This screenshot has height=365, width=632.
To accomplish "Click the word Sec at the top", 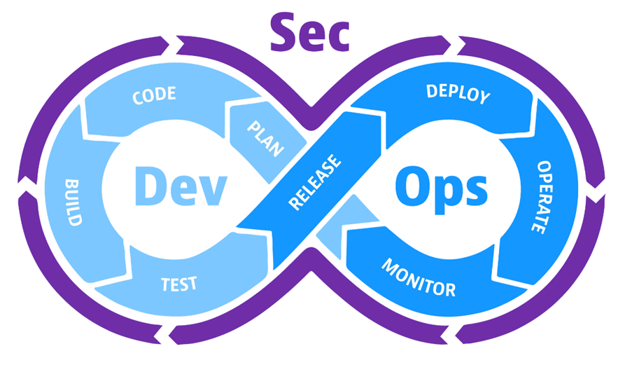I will point(309,32).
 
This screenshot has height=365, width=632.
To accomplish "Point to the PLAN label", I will point(265,137).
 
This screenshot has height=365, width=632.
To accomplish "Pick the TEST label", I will point(179,284).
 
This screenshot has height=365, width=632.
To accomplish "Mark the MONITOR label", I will point(419,277).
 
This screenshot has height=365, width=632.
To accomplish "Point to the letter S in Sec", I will point(283,32).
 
